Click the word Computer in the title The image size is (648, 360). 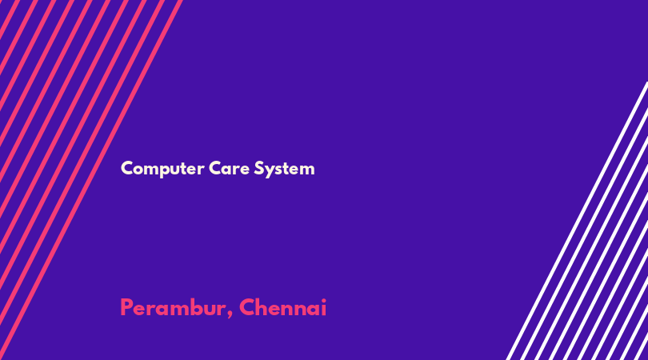162,169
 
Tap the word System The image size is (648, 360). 284,169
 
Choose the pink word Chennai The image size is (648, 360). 282,307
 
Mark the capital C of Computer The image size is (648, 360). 126,168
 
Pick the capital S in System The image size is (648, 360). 258,168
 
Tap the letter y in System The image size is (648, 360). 269,171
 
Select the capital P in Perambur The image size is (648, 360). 126,307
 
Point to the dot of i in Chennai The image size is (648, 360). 323,300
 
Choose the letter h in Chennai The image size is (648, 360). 261,307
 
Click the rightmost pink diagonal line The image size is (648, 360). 91,180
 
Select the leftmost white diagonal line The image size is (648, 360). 577,221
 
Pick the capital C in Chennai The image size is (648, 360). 246,307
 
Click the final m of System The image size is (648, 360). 306,170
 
